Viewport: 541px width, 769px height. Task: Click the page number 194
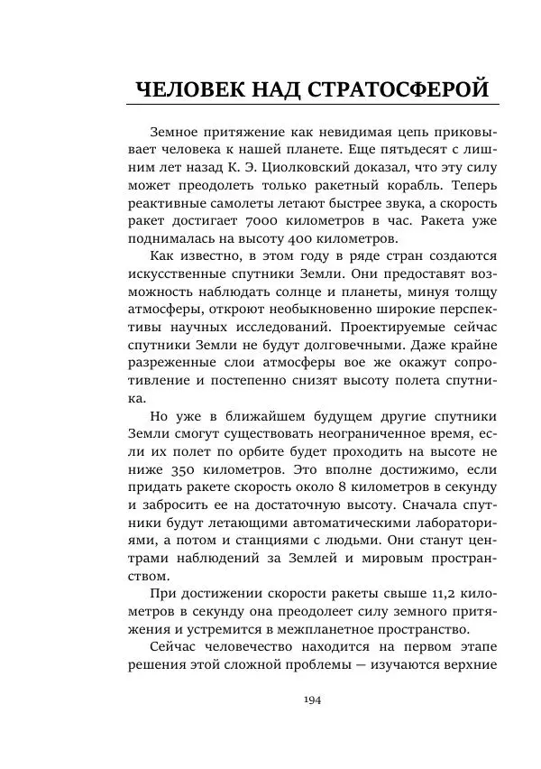click(x=313, y=700)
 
